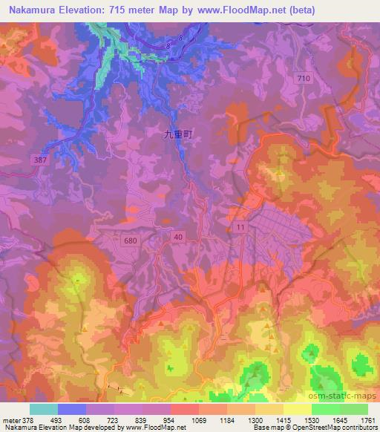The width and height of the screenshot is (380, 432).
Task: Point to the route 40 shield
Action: point(177,236)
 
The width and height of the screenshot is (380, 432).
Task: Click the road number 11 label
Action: point(240,225)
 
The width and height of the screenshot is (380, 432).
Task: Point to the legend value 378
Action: point(27,420)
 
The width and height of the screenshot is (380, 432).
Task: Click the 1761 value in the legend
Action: point(366,420)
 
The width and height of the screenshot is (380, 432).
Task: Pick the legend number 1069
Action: point(198,420)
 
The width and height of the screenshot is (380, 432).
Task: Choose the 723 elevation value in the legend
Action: point(114,420)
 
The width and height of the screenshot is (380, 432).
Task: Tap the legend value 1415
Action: point(283,420)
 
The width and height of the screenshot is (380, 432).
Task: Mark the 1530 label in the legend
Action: point(310,420)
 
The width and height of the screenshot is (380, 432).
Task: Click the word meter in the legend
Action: point(10,420)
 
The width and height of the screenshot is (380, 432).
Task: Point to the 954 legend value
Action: point(170,420)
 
